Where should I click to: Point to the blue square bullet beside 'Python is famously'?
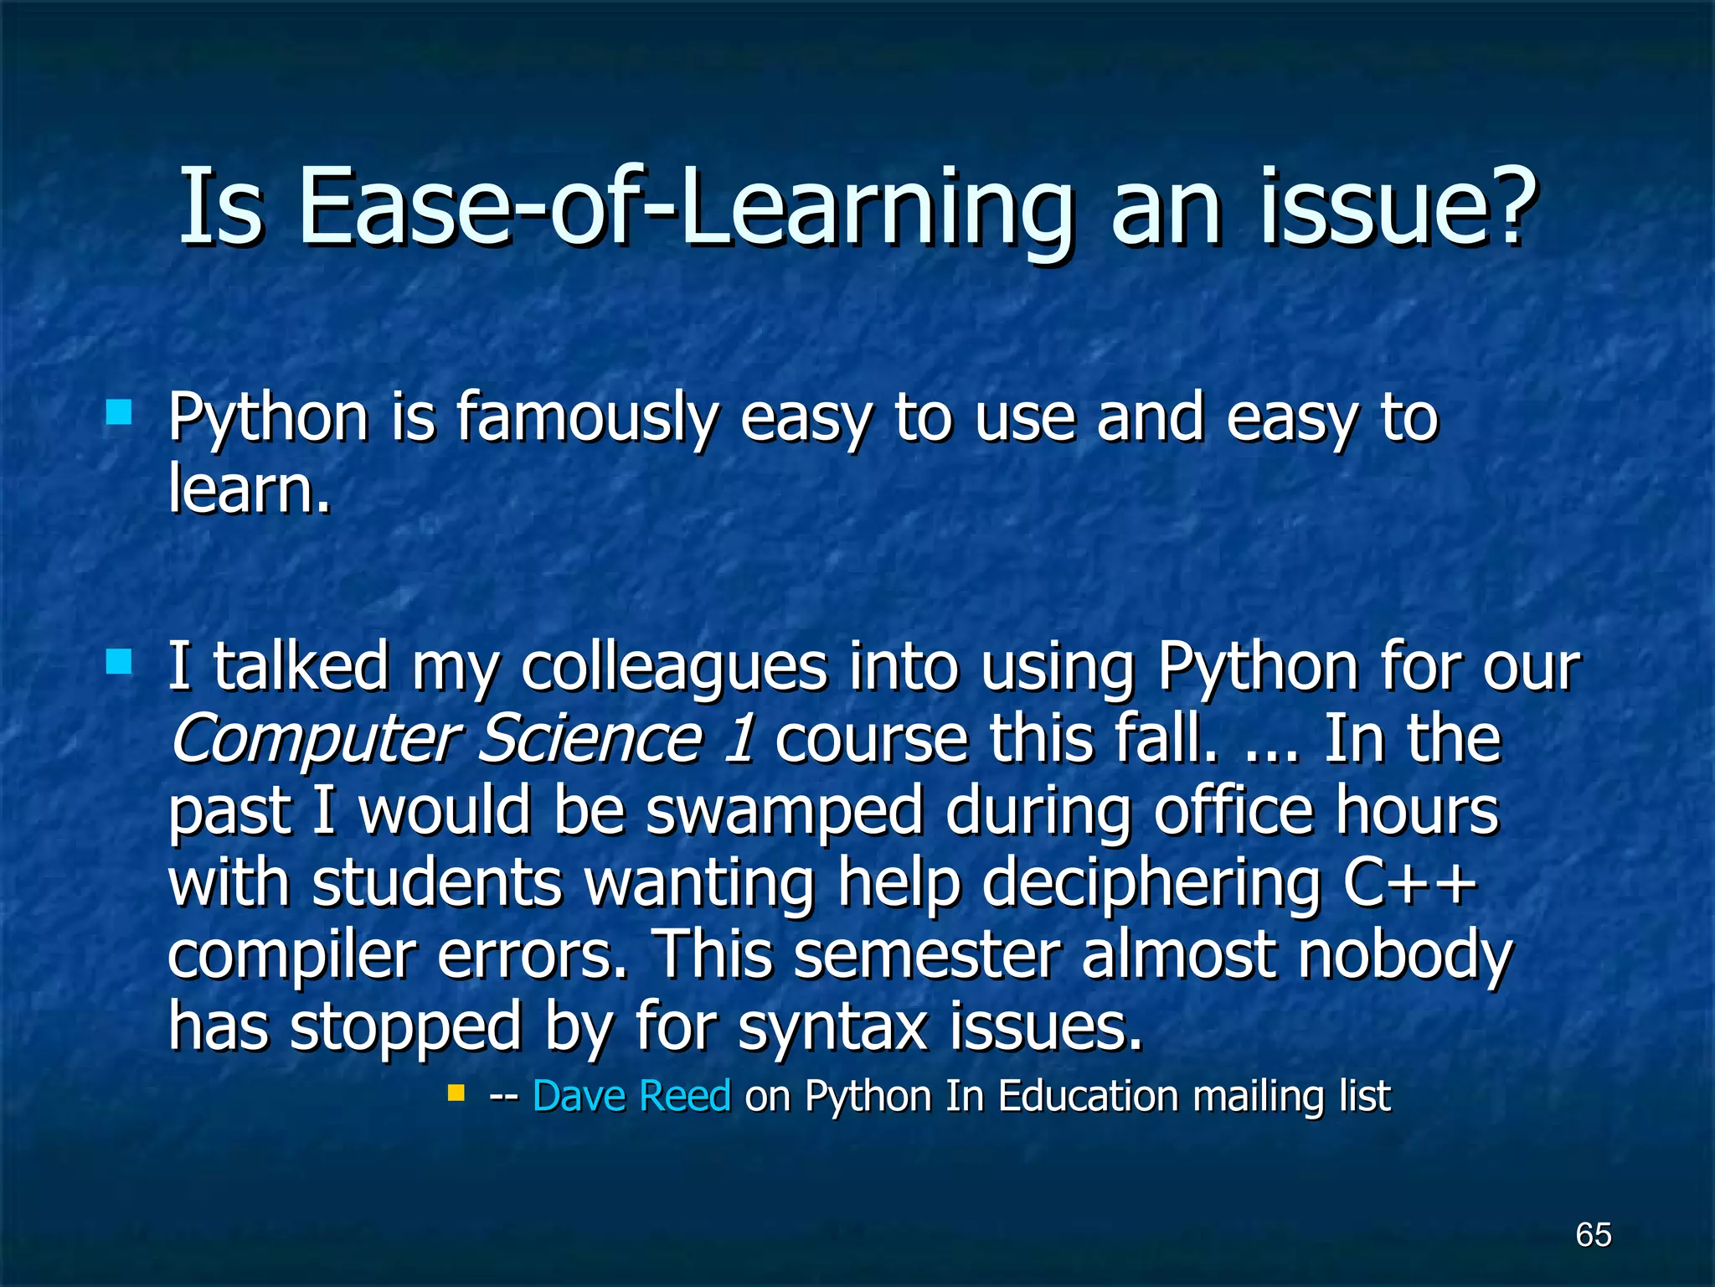tap(119, 412)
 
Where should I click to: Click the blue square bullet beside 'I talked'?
tap(119, 662)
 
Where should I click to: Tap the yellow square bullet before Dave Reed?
tap(456, 1093)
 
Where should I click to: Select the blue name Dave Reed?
tap(631, 1096)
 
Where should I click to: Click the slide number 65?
tap(1593, 1234)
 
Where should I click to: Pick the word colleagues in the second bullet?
tap(674, 668)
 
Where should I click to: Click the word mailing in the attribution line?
tap(1259, 1098)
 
